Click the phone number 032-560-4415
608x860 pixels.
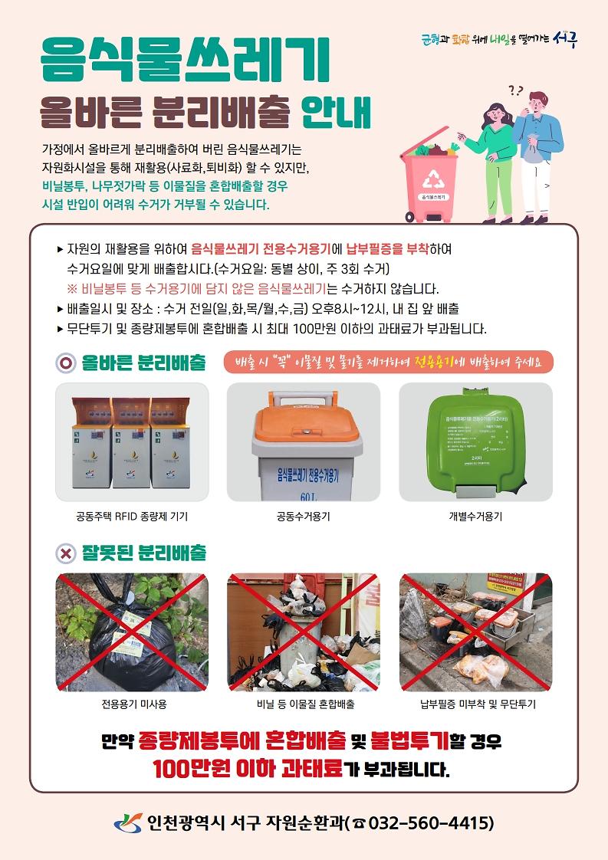point(431,823)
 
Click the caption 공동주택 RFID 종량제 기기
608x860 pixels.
point(132,517)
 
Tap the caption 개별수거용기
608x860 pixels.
point(475,517)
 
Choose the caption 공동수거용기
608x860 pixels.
point(304,517)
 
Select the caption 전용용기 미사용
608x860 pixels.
point(132,704)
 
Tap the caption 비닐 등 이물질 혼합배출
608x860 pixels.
point(304,704)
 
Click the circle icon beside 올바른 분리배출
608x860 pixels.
point(67,363)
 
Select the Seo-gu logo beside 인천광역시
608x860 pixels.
point(128,822)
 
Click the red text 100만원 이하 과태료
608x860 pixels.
point(247,768)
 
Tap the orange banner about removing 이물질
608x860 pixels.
point(389,362)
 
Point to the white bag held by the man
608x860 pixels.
point(529,150)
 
